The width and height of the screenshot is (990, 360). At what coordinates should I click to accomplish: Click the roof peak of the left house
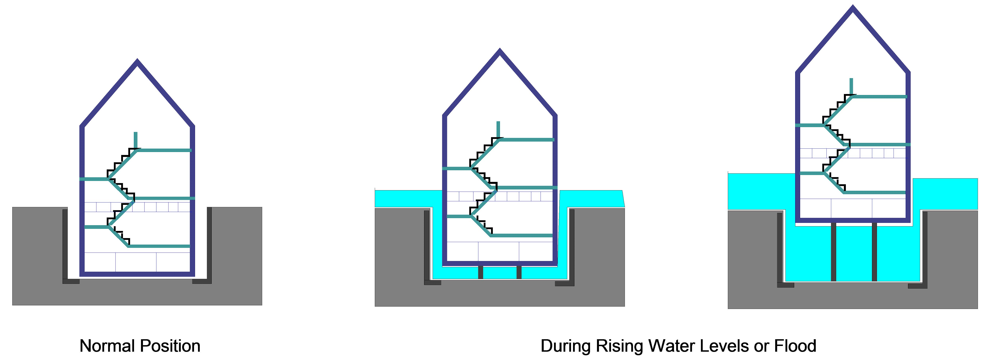point(137,62)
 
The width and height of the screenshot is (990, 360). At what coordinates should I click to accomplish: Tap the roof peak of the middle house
point(500,51)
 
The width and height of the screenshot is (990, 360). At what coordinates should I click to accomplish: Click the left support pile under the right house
point(833,252)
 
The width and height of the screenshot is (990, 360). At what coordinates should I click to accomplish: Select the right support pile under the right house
point(874,252)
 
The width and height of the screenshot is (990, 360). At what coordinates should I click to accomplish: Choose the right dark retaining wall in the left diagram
point(209,244)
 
